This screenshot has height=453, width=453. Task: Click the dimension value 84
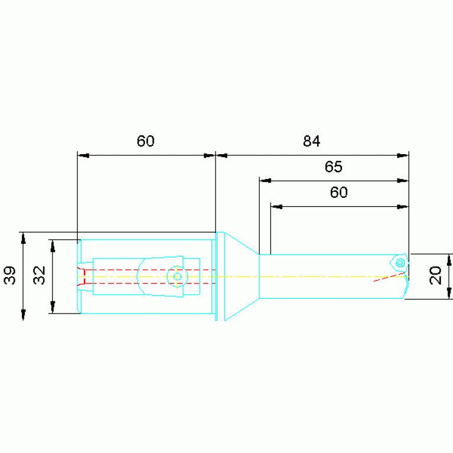311,141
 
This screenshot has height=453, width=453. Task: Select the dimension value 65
333,167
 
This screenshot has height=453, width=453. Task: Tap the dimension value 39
9,275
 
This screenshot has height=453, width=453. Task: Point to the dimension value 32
40,275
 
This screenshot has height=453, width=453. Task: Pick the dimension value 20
435,276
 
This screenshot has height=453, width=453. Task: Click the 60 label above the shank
145,141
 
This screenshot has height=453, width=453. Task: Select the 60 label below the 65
338,193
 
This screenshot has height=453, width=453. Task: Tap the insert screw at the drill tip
400,263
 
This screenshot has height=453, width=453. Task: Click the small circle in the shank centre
177,277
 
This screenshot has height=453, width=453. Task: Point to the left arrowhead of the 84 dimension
222,156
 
